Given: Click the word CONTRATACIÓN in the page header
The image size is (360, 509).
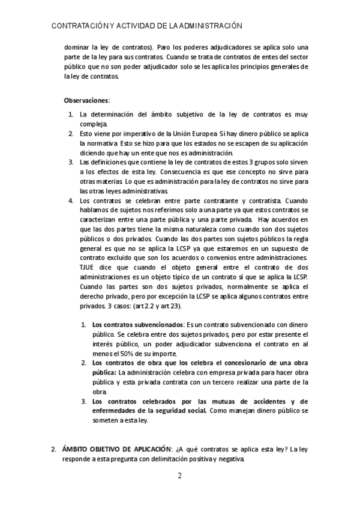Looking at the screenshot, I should coord(78,26).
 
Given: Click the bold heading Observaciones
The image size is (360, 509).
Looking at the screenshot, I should coord(87,100).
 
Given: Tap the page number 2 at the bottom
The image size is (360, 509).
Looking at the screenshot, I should coord(179,477).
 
